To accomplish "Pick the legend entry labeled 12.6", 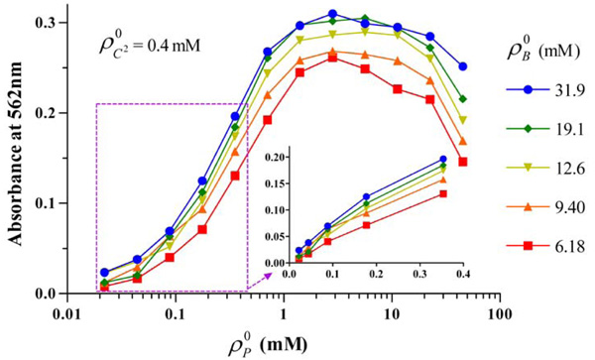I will (x=556, y=168).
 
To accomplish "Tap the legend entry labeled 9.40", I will (x=556, y=207).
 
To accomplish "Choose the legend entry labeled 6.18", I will (x=556, y=246).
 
